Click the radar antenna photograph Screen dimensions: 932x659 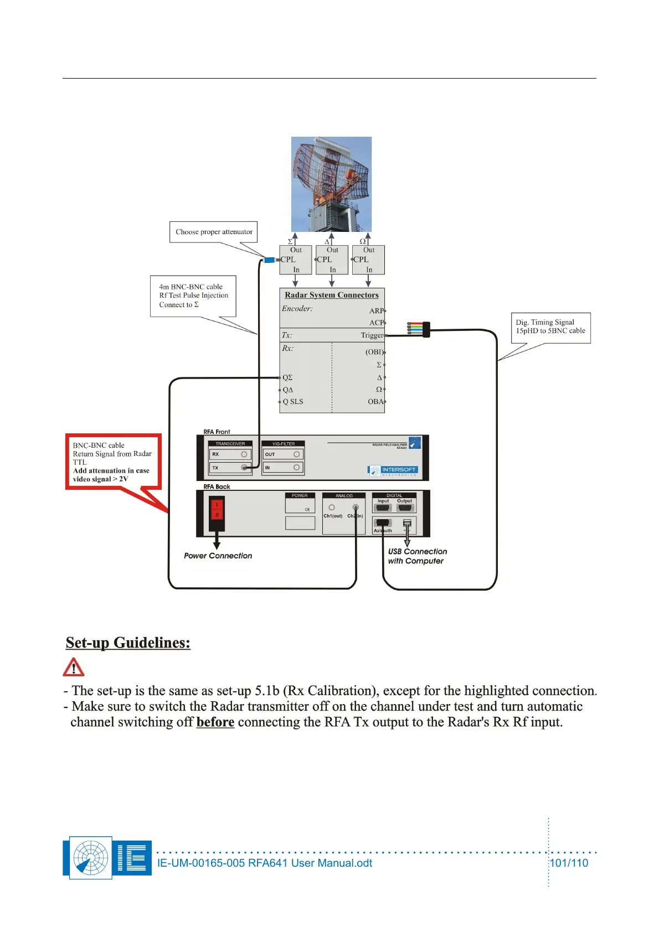331,184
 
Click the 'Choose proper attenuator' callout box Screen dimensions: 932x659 213,232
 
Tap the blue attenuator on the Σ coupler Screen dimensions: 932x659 270,260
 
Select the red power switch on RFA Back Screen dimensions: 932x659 217,509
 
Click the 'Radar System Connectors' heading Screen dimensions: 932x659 332,295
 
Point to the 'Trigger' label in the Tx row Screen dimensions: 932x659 372,335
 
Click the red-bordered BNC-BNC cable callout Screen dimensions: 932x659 113,462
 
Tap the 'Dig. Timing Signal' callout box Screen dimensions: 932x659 550,327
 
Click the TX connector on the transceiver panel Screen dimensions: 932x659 244,468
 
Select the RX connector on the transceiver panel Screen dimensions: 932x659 244,454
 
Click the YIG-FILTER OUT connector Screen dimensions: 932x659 297,454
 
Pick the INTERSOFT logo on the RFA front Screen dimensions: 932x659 393,470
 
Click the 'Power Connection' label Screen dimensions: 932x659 218,556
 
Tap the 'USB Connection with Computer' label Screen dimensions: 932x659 417,556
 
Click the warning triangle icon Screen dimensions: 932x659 74,667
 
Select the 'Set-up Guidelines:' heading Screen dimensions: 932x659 128,643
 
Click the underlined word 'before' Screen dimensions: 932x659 215,722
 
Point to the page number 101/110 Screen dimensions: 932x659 569,863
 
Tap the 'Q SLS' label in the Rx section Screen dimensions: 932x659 293,402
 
